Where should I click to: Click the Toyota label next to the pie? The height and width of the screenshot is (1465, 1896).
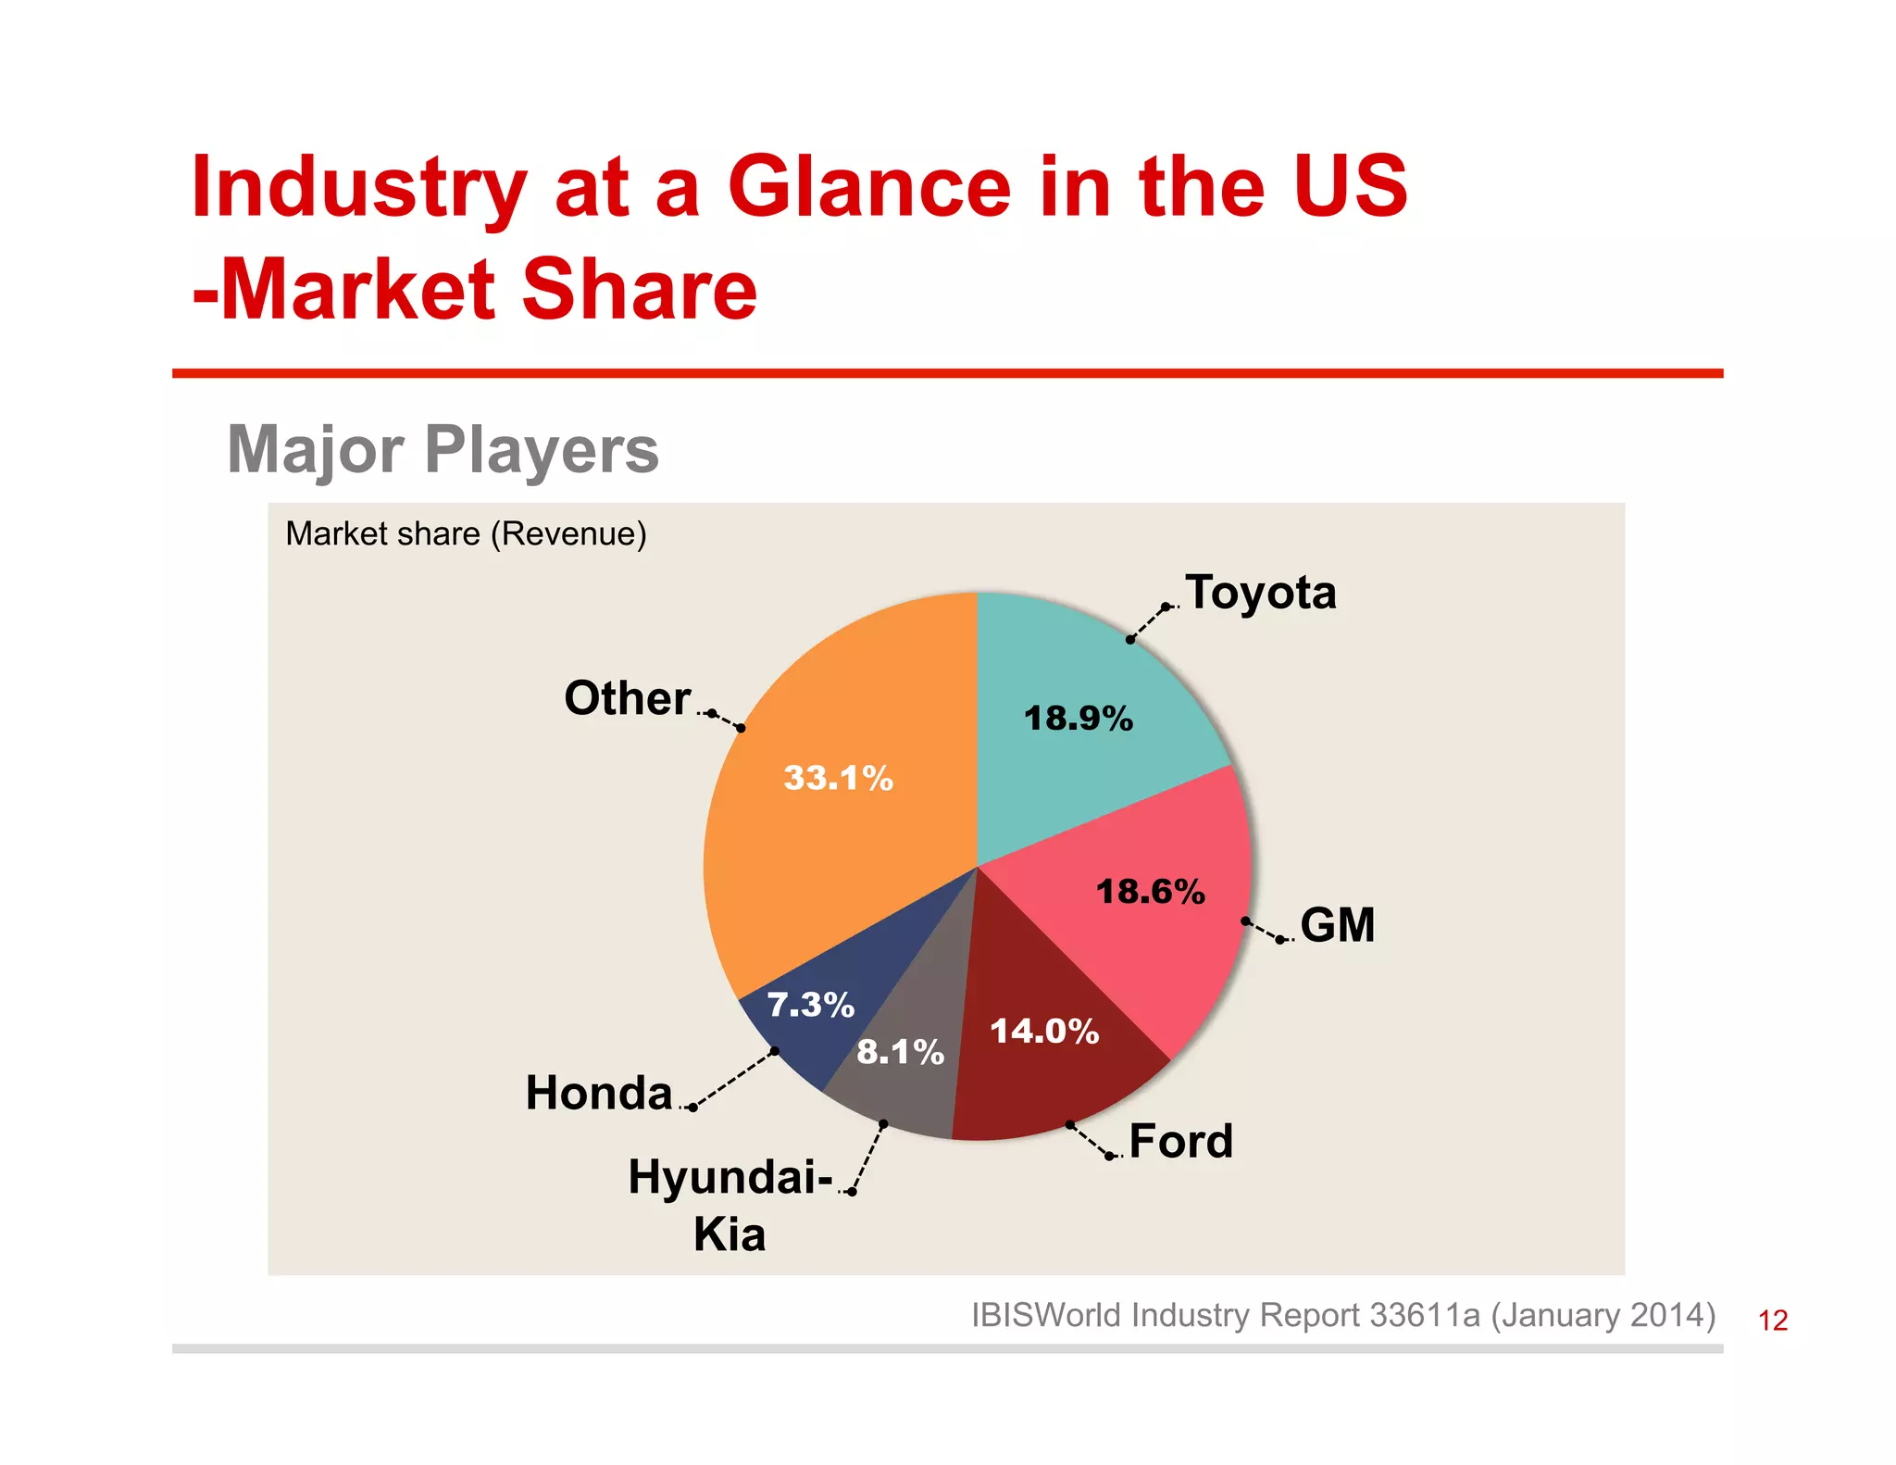1260,592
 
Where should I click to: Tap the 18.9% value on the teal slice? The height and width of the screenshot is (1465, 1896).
1078,719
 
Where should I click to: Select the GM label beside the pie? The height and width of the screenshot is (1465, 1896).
1337,925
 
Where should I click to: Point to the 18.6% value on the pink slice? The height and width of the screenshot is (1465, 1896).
1150,892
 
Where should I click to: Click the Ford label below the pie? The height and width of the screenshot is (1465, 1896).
1180,1141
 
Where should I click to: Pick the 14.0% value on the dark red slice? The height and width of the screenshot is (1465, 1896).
1044,1032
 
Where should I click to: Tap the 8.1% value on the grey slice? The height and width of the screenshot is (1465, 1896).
900,1052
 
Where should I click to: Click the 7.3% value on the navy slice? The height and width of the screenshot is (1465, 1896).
810,1005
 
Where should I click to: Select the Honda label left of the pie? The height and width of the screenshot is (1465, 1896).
599,1093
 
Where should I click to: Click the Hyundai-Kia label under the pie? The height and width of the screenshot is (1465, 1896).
730,1204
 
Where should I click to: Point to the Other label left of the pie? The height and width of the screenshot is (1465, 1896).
628,698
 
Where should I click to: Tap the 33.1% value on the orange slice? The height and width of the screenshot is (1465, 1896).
838,778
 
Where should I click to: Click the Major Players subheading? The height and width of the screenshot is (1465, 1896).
443,450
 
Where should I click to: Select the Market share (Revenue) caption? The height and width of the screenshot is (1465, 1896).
466,534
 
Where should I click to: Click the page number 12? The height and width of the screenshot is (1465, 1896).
1772,1321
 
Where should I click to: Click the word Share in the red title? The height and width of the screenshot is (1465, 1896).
640,290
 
